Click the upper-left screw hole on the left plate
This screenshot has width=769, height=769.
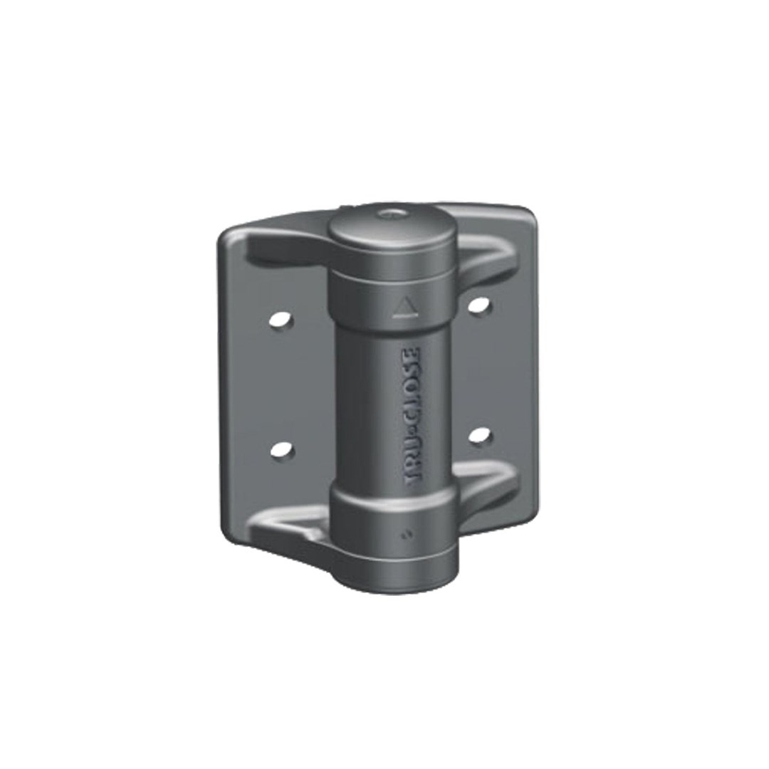click(x=282, y=321)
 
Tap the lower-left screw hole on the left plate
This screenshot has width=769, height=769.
click(x=282, y=450)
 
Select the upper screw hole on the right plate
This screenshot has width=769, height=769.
click(x=479, y=305)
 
